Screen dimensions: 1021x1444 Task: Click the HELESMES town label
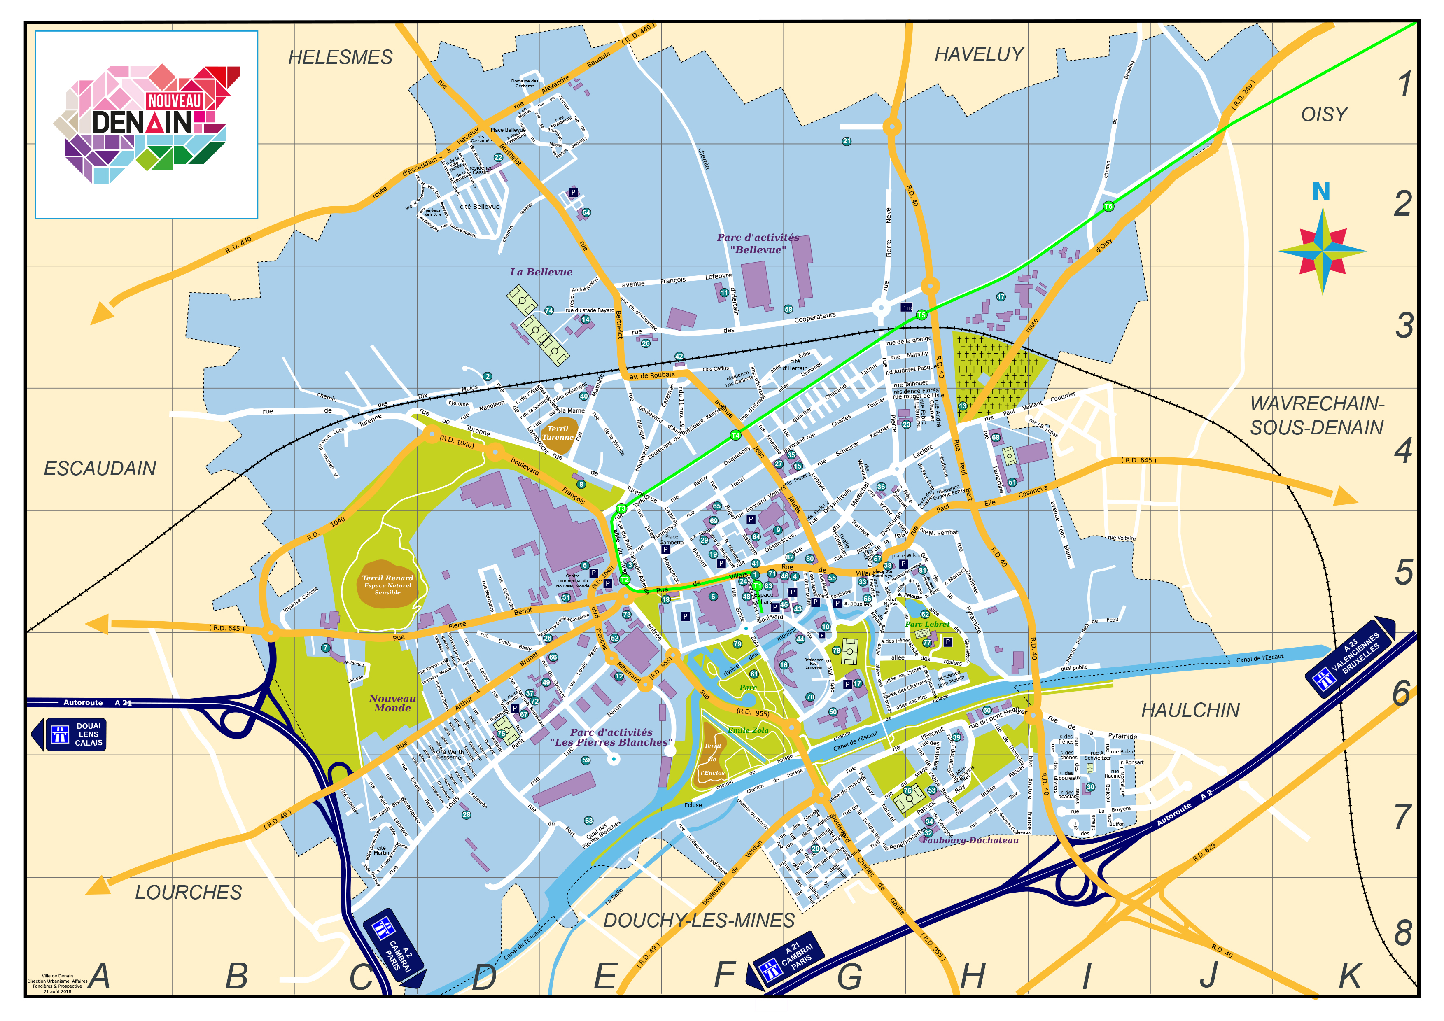pos(340,57)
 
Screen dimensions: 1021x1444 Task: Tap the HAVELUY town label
pos(979,55)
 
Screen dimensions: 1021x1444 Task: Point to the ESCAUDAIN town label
pos(100,469)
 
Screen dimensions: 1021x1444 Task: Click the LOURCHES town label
pos(188,892)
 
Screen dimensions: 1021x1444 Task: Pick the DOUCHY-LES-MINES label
pos(699,921)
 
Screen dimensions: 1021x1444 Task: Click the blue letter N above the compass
pos(1321,191)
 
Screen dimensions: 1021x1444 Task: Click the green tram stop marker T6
pos(1108,206)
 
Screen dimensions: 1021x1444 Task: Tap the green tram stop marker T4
pos(735,435)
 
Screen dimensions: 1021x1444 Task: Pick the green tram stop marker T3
pos(621,508)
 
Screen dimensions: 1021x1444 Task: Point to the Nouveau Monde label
pos(392,703)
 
